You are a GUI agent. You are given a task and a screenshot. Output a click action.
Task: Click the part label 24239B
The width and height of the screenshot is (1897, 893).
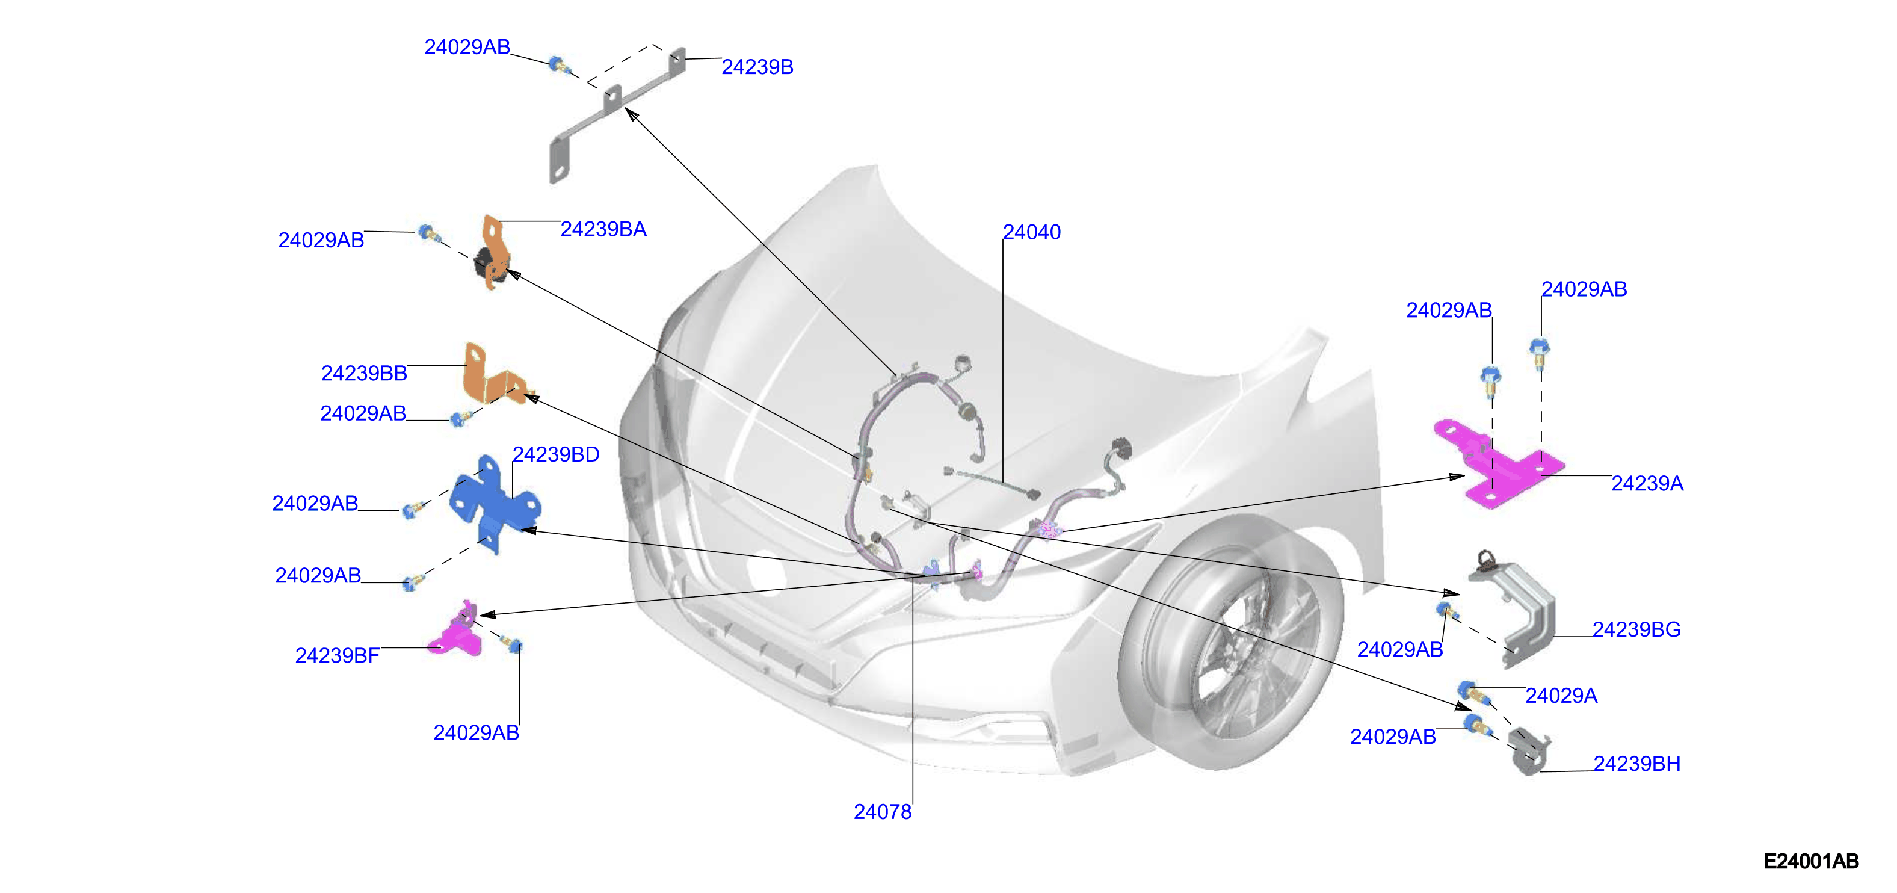(757, 67)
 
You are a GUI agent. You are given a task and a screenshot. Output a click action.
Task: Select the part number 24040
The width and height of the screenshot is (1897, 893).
(1032, 232)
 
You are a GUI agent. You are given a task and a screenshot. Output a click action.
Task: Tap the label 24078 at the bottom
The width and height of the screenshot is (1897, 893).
(882, 811)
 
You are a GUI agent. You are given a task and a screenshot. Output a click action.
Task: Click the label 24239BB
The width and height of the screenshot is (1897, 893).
(364, 373)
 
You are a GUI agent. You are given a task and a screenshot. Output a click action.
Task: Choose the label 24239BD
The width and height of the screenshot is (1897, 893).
(556, 454)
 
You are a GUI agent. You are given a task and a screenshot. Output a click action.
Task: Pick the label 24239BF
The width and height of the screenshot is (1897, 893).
(338, 655)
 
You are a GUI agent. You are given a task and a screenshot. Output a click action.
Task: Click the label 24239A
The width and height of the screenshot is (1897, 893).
(1647, 483)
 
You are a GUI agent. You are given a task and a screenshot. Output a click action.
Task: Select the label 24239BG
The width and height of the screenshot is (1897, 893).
(1636, 629)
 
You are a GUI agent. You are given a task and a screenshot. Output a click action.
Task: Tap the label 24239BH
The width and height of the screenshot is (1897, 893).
(1637, 764)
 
